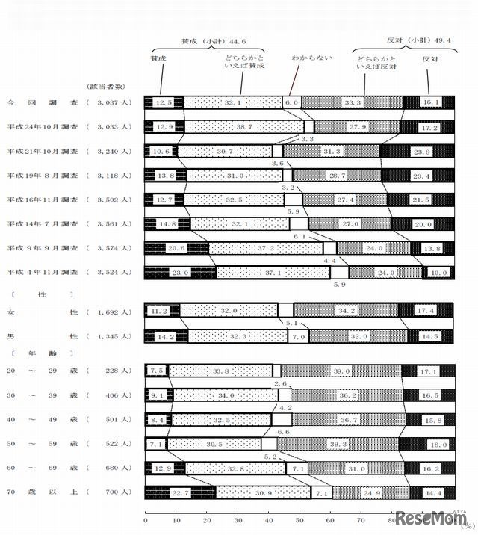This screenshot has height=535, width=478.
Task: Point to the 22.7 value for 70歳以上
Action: coord(177,492)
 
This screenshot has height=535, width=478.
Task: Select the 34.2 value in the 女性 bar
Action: coord(346,310)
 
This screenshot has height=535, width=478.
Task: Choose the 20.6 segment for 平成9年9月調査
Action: coord(176,247)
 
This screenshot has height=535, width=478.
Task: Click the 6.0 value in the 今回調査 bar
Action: coord(292,102)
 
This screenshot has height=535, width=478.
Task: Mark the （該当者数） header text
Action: coord(108,85)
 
